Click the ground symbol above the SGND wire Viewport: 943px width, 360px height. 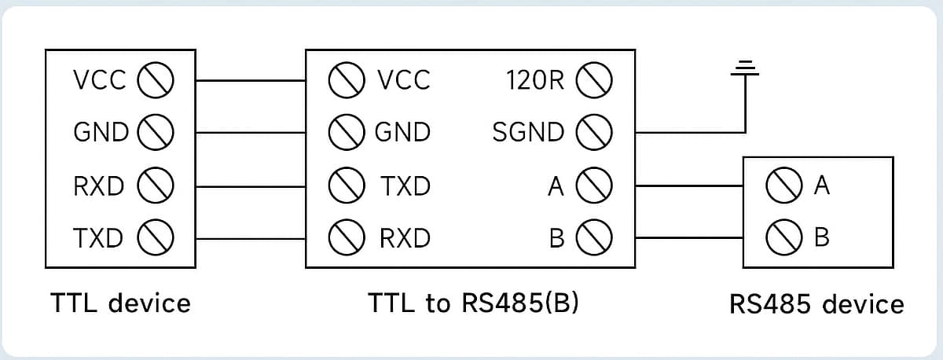tap(745, 68)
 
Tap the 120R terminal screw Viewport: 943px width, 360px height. tap(594, 80)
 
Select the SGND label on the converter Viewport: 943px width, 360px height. tap(528, 132)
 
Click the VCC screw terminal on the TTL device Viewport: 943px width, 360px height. tap(156, 80)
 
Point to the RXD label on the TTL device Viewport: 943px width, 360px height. tap(98, 186)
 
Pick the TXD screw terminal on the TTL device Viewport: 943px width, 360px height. tap(156, 237)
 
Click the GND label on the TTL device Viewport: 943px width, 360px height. tap(101, 132)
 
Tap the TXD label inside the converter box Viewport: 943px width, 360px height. tap(405, 186)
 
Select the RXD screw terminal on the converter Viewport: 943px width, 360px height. tap(347, 237)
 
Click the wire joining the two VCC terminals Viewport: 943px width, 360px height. tap(251, 80)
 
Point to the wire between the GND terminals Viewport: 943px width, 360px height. tap(251, 133)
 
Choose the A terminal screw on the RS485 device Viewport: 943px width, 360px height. tap(784, 186)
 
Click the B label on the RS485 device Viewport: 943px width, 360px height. tap(822, 237)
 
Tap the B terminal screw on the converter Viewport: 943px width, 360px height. tap(594, 237)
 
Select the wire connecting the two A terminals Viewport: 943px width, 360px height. tap(689, 186)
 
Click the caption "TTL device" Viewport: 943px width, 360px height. tap(120, 303)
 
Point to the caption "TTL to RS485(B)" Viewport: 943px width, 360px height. tap(473, 303)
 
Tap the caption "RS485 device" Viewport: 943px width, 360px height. tap(816, 304)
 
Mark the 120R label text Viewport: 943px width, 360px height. tap(535, 80)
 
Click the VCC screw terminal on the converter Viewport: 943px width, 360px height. tap(347, 80)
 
